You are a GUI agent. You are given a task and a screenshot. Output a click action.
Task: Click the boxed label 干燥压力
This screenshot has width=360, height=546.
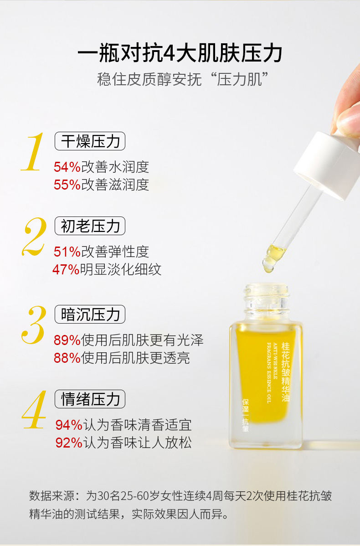[x=90, y=141]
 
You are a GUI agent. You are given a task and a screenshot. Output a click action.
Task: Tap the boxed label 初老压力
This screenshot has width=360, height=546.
[x=90, y=226]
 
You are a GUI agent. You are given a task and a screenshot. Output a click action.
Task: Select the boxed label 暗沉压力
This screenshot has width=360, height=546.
[x=90, y=314]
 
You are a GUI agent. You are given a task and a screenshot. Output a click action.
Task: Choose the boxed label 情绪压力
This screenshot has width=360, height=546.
[x=90, y=399]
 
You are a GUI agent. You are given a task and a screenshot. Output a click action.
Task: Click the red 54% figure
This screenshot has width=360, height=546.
[x=67, y=167]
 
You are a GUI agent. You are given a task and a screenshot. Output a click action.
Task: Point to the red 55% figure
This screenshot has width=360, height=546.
[x=67, y=185]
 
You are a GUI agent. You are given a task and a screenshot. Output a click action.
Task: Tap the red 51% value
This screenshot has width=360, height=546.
[x=67, y=252]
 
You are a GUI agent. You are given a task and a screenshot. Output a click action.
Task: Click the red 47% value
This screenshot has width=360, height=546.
[x=66, y=269]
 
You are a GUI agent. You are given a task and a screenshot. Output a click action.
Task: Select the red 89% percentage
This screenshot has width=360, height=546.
[x=67, y=340]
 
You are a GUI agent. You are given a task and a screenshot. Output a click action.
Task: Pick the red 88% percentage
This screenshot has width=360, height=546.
[x=67, y=358]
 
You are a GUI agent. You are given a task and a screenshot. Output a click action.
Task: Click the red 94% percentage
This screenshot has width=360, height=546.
[x=69, y=425]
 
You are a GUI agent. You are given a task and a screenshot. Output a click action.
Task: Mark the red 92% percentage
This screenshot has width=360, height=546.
[x=69, y=443]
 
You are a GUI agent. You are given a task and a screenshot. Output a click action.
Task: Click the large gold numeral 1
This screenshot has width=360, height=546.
[x=33, y=152]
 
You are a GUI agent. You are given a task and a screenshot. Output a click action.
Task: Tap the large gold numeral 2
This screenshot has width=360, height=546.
[x=34, y=237]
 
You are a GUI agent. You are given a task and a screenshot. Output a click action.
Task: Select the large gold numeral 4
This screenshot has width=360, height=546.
[x=34, y=409]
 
